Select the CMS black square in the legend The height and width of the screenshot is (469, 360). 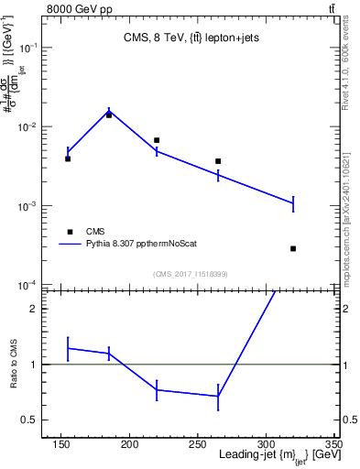click(68, 232)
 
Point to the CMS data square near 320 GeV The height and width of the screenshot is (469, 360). click(293, 248)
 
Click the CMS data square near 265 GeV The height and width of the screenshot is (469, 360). click(218, 161)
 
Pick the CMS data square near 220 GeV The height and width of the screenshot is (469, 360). click(157, 140)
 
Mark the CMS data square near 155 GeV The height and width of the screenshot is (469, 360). click(68, 158)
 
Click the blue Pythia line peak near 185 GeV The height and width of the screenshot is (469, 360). click(109, 110)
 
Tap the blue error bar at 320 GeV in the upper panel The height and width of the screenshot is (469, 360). click(293, 202)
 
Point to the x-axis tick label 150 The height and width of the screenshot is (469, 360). click(60, 445)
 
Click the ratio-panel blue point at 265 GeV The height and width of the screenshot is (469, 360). click(218, 397)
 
